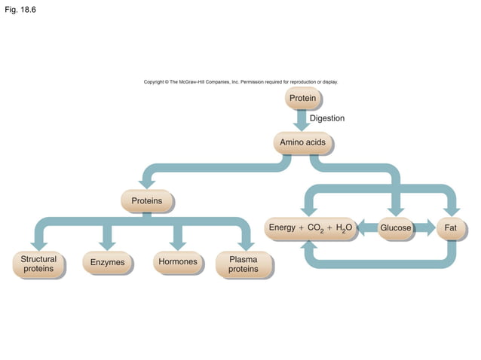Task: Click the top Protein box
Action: click(302, 99)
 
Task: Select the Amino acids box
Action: click(302, 142)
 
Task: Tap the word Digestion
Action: click(326, 118)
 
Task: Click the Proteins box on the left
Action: click(146, 201)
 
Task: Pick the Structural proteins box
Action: click(38, 264)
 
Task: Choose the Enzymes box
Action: click(107, 263)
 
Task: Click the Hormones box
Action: click(178, 262)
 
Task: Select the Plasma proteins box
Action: click(243, 264)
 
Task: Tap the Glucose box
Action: click(395, 227)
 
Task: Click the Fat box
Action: click(451, 227)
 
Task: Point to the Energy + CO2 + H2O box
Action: click(309, 227)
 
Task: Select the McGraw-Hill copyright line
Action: click(240, 81)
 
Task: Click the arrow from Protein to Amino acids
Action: click(302, 121)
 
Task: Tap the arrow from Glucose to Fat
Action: click(425, 227)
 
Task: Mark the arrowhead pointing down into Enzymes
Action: click(107, 245)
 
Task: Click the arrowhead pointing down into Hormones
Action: click(178, 245)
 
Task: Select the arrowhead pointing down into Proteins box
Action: click(147, 184)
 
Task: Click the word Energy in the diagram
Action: click(282, 227)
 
